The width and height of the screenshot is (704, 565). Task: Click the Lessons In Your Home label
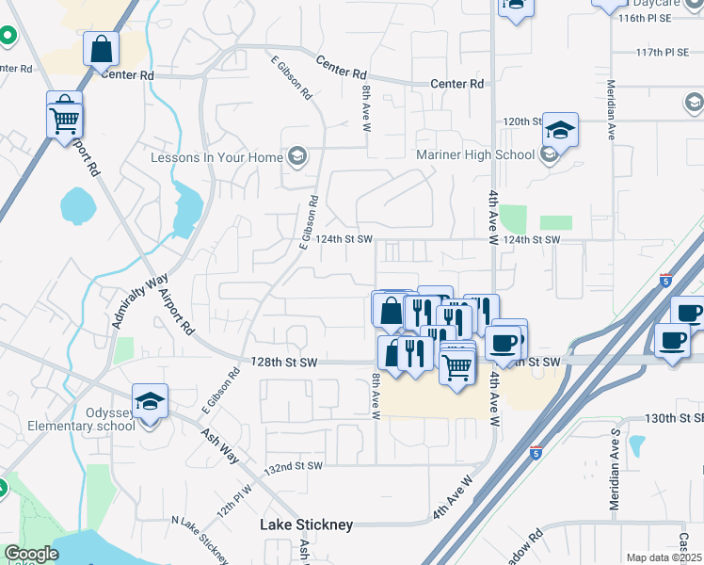[x=216, y=157]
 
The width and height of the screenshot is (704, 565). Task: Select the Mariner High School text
[x=474, y=155]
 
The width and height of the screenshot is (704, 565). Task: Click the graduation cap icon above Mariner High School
[x=559, y=130]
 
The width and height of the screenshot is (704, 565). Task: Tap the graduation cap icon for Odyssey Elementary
[x=150, y=402]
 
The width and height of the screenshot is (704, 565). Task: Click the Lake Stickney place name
[x=306, y=525]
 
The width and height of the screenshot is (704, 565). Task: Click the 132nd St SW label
[x=293, y=466]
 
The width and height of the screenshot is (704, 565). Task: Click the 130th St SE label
[x=674, y=417]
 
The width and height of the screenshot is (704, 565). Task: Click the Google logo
[x=30, y=554]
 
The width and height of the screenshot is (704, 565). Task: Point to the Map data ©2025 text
[x=663, y=557]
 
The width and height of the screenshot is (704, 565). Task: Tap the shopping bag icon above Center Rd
[x=101, y=47]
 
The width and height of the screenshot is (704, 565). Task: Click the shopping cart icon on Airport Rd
[x=65, y=118]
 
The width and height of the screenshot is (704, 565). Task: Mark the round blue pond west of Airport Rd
[x=74, y=202]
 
